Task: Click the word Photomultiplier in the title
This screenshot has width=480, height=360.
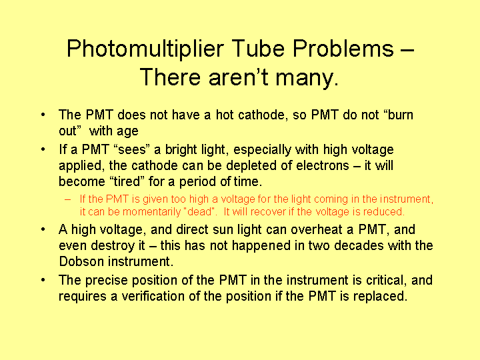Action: pos(145,49)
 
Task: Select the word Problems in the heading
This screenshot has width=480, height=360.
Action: pos(343,48)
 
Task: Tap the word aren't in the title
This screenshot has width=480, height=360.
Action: pos(239,77)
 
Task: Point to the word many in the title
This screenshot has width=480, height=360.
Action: pos(307,79)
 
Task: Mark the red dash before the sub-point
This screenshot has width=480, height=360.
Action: pos(67,199)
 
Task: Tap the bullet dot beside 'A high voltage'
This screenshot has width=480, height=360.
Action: pos(43,229)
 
